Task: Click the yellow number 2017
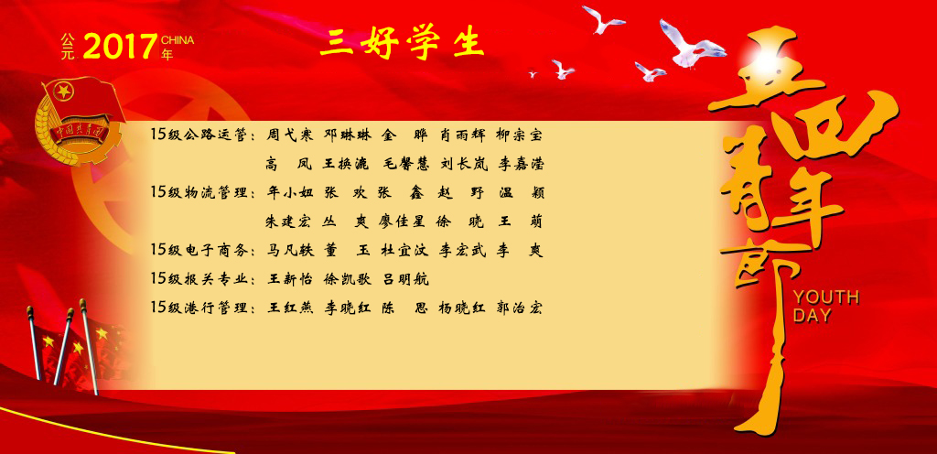click(120, 47)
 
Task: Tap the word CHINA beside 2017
click(178, 40)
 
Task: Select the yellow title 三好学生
click(402, 43)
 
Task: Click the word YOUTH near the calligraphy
click(826, 297)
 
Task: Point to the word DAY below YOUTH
click(813, 316)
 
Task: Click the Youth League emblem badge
click(78, 120)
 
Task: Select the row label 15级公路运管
click(199, 135)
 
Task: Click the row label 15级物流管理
click(199, 192)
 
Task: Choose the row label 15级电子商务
click(199, 250)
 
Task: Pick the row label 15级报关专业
click(199, 279)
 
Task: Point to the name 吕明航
click(405, 279)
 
